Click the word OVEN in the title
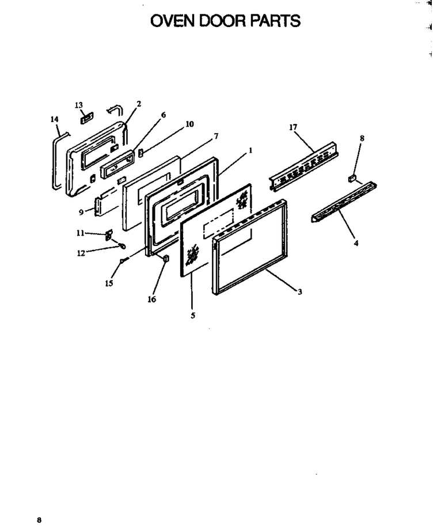(x=173, y=21)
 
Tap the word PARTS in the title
(x=275, y=21)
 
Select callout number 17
(x=293, y=127)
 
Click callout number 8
(x=362, y=138)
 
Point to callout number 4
(x=356, y=243)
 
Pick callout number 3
(x=300, y=291)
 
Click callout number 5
(x=193, y=316)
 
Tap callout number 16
(x=151, y=299)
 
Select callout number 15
(x=109, y=283)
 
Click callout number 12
(x=81, y=253)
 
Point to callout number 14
(x=55, y=119)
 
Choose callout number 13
(x=79, y=105)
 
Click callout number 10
(x=190, y=124)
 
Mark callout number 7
(x=216, y=136)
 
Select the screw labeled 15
(x=124, y=260)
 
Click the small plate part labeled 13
(x=87, y=117)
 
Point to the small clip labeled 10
(x=141, y=153)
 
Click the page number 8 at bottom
(x=39, y=520)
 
